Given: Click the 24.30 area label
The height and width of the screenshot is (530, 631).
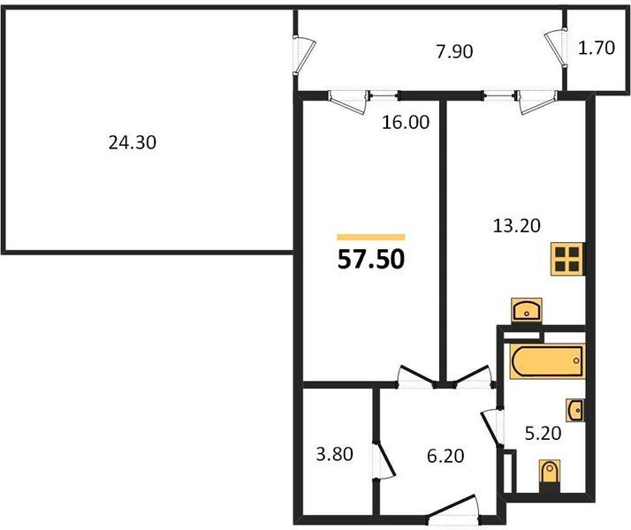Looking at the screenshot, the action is (132, 143).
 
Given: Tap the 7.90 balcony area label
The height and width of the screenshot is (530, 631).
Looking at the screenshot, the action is (454, 52).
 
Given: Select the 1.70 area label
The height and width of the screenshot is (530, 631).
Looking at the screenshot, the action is (597, 48).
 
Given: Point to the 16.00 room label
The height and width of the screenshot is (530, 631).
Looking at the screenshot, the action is (406, 122).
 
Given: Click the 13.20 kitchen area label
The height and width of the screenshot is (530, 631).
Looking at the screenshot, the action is (517, 225).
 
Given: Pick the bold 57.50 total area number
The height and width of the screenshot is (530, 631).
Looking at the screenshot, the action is (371, 260).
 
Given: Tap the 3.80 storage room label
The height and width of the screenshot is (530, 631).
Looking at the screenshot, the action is (334, 454).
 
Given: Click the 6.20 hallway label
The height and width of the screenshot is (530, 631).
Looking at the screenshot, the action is (445, 456).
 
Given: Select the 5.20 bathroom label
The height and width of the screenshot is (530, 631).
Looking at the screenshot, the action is (543, 433).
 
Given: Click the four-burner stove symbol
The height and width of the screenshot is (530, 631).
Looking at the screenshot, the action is (567, 259).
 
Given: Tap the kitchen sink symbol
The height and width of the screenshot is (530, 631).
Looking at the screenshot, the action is (527, 311).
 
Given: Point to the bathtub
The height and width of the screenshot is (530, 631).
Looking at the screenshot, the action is (547, 361).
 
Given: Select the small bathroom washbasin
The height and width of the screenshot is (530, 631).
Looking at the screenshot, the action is (575, 410).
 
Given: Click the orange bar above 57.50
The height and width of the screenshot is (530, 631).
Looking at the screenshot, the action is (371, 237).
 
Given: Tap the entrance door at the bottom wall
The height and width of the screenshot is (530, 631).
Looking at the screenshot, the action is (453, 511).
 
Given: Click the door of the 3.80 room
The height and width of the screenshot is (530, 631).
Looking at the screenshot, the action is (384, 461).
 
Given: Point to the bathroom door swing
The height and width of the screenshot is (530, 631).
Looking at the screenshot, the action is (491, 428).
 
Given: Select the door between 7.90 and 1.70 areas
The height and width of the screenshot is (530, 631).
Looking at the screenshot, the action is (556, 48).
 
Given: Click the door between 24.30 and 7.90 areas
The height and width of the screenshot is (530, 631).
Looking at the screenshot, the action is (304, 55).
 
